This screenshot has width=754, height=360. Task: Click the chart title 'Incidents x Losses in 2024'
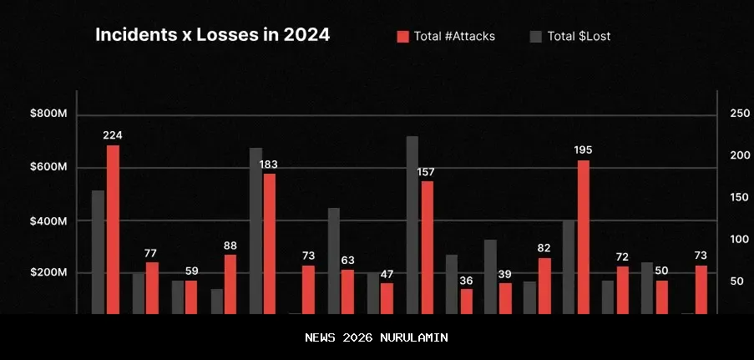pos(212,35)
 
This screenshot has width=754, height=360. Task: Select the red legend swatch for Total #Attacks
pos(402,36)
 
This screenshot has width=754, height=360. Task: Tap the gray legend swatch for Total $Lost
pos(536,36)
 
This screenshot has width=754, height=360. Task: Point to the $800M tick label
pos(48,114)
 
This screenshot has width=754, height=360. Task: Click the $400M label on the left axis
pos(48,221)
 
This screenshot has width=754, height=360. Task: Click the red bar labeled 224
pos(113,229)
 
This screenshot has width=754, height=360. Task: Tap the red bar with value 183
pos(270,243)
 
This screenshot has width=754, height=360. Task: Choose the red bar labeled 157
pos(427,247)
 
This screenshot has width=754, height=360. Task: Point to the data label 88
pos(230,246)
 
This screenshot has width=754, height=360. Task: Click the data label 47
pos(387,274)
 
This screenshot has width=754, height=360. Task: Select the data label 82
pos(544,248)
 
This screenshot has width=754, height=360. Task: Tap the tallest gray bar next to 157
pos(412,225)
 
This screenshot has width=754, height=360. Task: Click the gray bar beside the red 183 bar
pos(256,231)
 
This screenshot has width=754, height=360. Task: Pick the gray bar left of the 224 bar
pos(99,251)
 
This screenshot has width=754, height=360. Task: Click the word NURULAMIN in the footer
pos(414,337)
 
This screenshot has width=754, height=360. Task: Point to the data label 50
pos(661,271)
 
